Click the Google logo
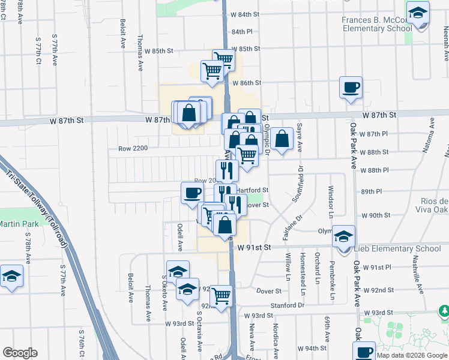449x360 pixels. point(20,353)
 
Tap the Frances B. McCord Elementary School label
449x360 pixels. point(377,24)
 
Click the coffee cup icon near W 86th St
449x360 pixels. point(351,88)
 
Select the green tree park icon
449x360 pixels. point(445,312)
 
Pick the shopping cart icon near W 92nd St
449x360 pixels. point(221,295)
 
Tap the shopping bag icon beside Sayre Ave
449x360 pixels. point(282,139)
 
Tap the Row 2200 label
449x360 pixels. point(133,148)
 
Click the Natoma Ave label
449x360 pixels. point(432,135)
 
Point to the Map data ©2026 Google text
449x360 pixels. point(412,355)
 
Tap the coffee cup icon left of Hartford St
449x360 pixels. point(192,193)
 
